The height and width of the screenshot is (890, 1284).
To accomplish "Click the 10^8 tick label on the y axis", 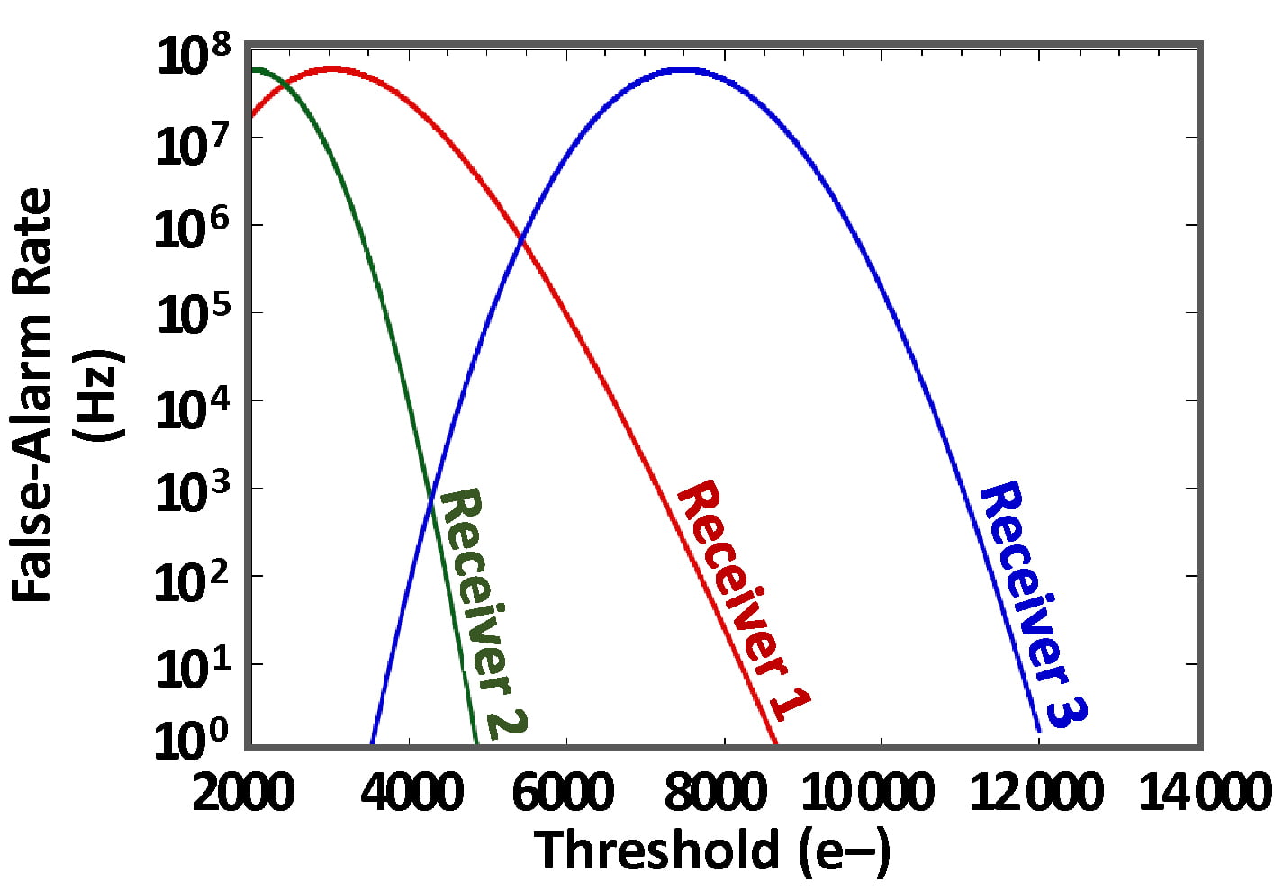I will click(193, 58).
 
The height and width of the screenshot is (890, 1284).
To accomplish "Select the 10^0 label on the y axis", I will click(193, 740).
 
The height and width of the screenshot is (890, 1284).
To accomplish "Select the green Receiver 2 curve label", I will click(477, 612).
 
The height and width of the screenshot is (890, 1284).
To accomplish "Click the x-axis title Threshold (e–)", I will click(712, 850).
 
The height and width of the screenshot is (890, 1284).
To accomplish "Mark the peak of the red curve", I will click(332, 68).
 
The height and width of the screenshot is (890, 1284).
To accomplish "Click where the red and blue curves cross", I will click(520, 238).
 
